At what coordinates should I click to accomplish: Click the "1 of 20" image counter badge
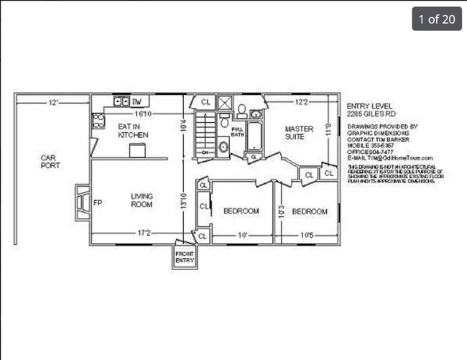click(x=436, y=19)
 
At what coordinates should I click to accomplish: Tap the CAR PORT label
click(x=50, y=162)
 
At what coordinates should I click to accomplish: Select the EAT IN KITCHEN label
click(x=133, y=130)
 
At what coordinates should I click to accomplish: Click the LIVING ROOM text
click(x=142, y=200)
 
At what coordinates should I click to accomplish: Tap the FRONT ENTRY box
click(x=184, y=257)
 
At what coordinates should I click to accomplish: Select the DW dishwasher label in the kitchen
click(x=137, y=102)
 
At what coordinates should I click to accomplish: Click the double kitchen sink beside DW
click(x=119, y=102)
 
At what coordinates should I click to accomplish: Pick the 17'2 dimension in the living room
click(x=144, y=233)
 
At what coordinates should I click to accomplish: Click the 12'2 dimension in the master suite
click(x=301, y=103)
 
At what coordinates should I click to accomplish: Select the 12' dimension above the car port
click(x=53, y=103)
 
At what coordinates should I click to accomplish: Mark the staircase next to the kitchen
click(x=206, y=137)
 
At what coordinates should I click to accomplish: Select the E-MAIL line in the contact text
click(x=389, y=158)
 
